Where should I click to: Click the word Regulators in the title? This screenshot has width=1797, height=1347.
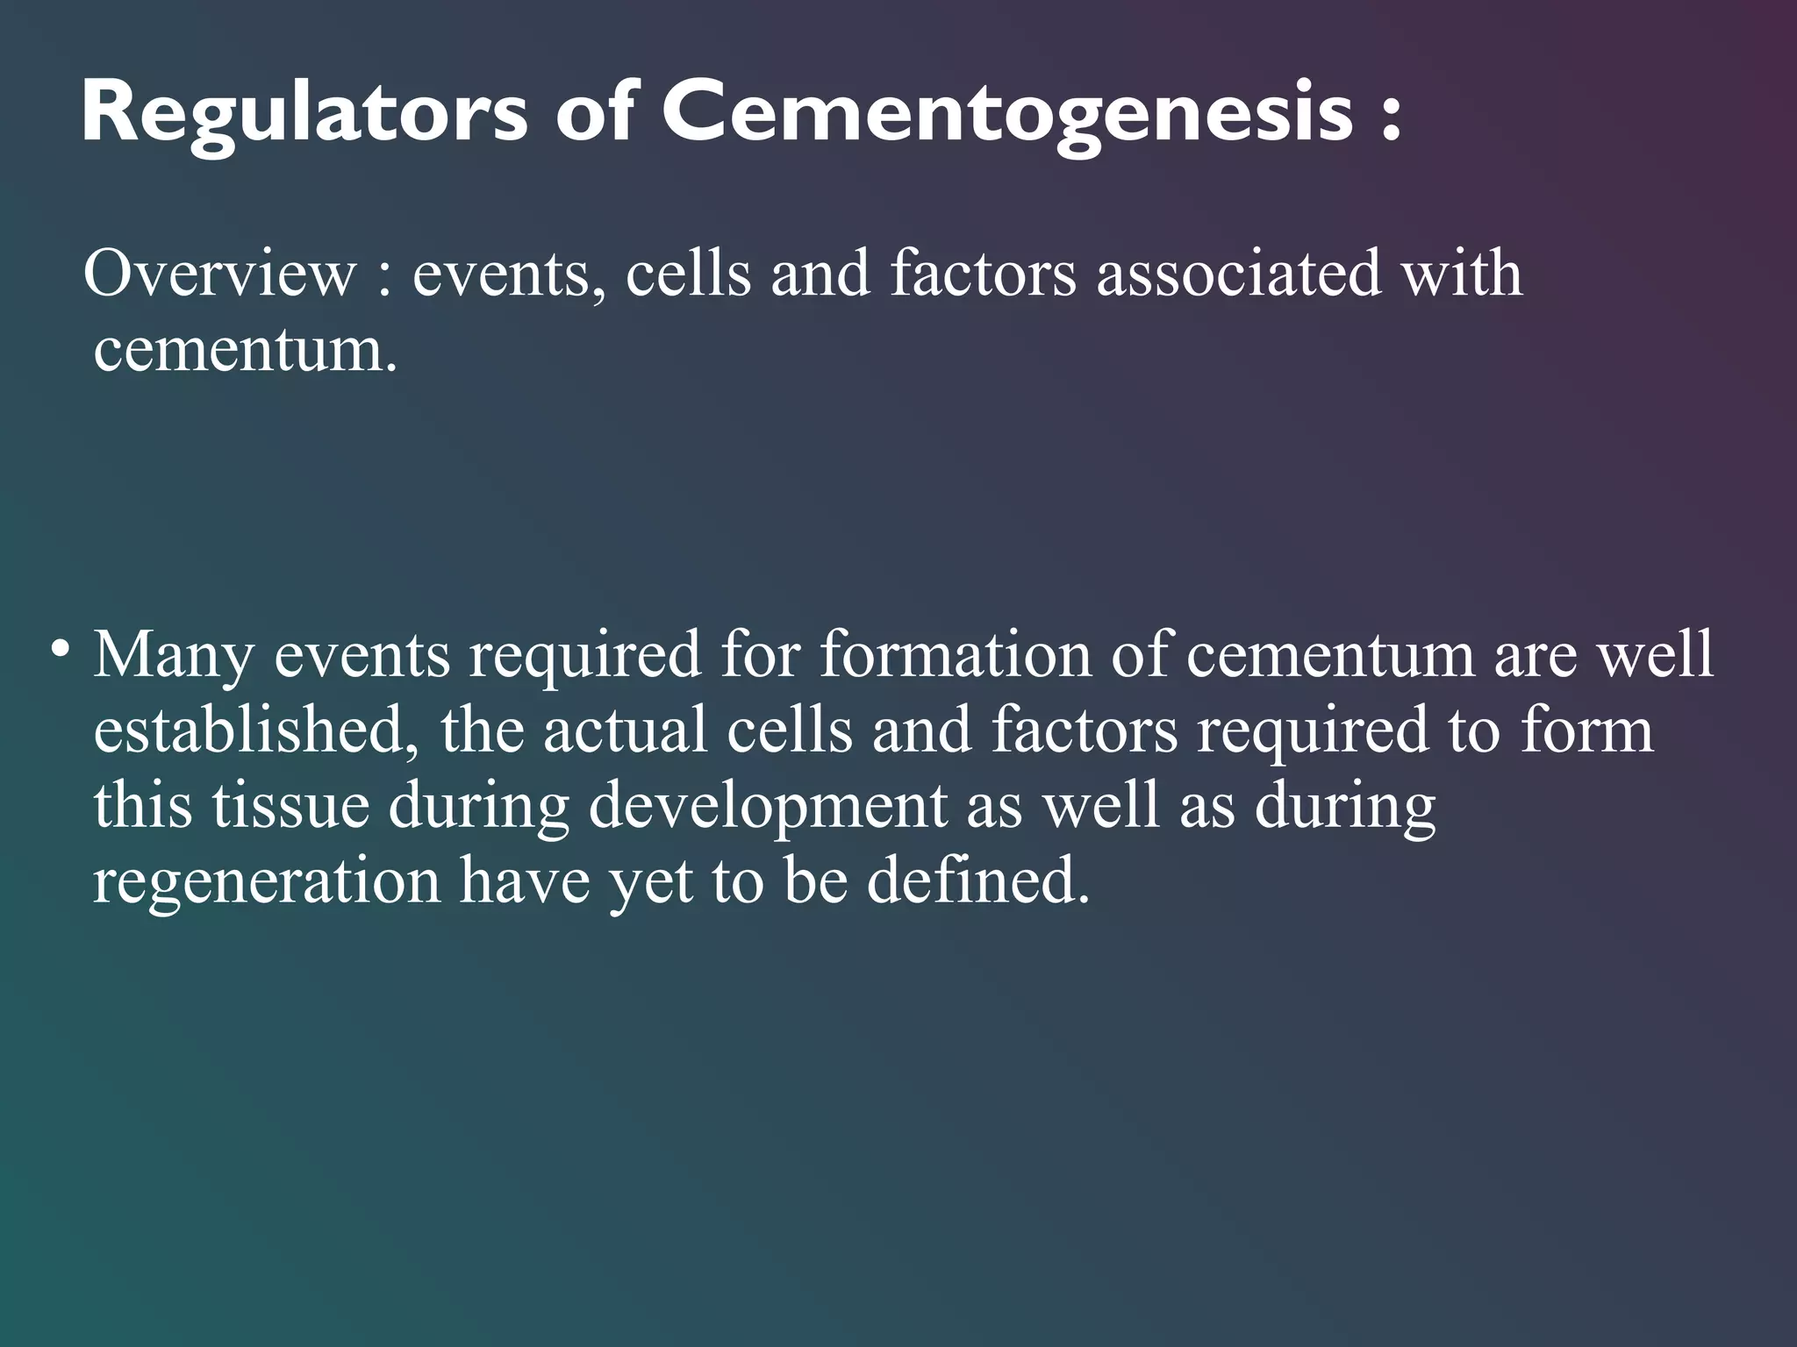coord(304,114)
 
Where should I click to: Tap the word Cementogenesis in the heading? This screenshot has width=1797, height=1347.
coord(1008,114)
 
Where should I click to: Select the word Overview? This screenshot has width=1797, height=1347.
coord(219,274)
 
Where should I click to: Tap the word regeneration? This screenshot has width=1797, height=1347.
coord(266,882)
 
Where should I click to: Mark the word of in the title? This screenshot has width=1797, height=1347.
coord(593,114)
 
